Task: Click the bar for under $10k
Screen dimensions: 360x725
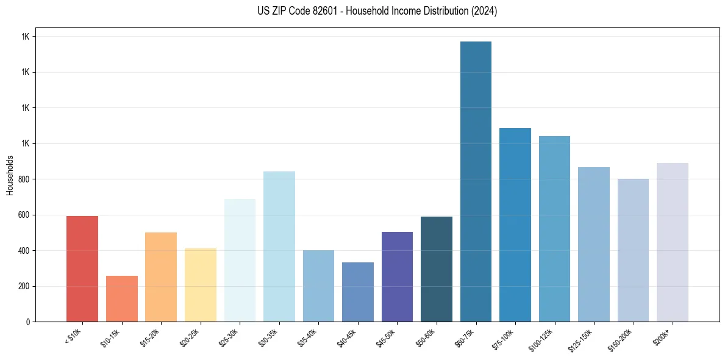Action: (82, 268)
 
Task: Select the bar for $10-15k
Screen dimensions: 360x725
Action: (122, 298)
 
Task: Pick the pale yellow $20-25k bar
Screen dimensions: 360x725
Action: (201, 285)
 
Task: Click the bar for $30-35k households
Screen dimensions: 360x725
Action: (279, 247)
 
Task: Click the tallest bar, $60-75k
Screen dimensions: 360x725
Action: (476, 181)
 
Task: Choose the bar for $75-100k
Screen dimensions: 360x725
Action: (515, 225)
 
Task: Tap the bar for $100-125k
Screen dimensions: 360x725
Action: (554, 229)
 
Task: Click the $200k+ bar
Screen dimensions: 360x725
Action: (673, 242)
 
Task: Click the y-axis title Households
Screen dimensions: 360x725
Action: (10, 175)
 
